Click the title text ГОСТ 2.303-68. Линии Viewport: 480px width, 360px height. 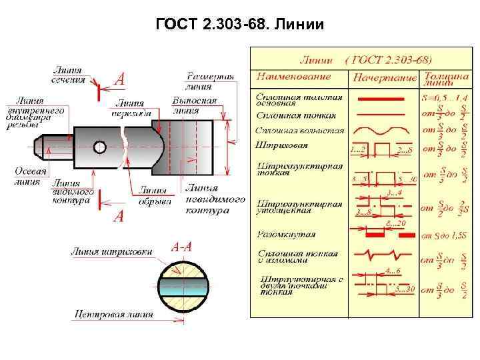pos(239,25)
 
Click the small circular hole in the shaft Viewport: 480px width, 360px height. pos(100,146)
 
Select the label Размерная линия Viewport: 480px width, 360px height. pos(209,81)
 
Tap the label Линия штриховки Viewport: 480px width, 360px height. pos(111,252)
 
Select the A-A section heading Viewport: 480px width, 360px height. pos(181,247)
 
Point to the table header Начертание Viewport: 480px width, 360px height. pos(383,77)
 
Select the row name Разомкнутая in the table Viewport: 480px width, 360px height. pos(286,235)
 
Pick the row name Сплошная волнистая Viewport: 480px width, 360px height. pos(300,131)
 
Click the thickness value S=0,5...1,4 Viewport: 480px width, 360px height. pos(445,98)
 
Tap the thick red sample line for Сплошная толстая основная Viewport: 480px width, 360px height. pos(381,99)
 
